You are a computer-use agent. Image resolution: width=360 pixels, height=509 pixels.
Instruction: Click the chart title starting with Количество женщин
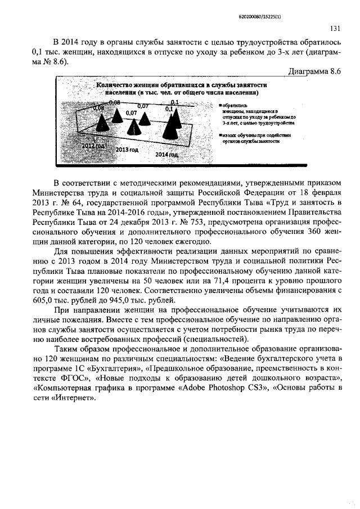point(181,88)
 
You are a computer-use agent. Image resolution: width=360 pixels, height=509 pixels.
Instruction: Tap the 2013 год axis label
point(127,150)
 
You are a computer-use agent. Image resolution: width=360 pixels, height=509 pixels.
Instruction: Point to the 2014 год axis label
point(166,154)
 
